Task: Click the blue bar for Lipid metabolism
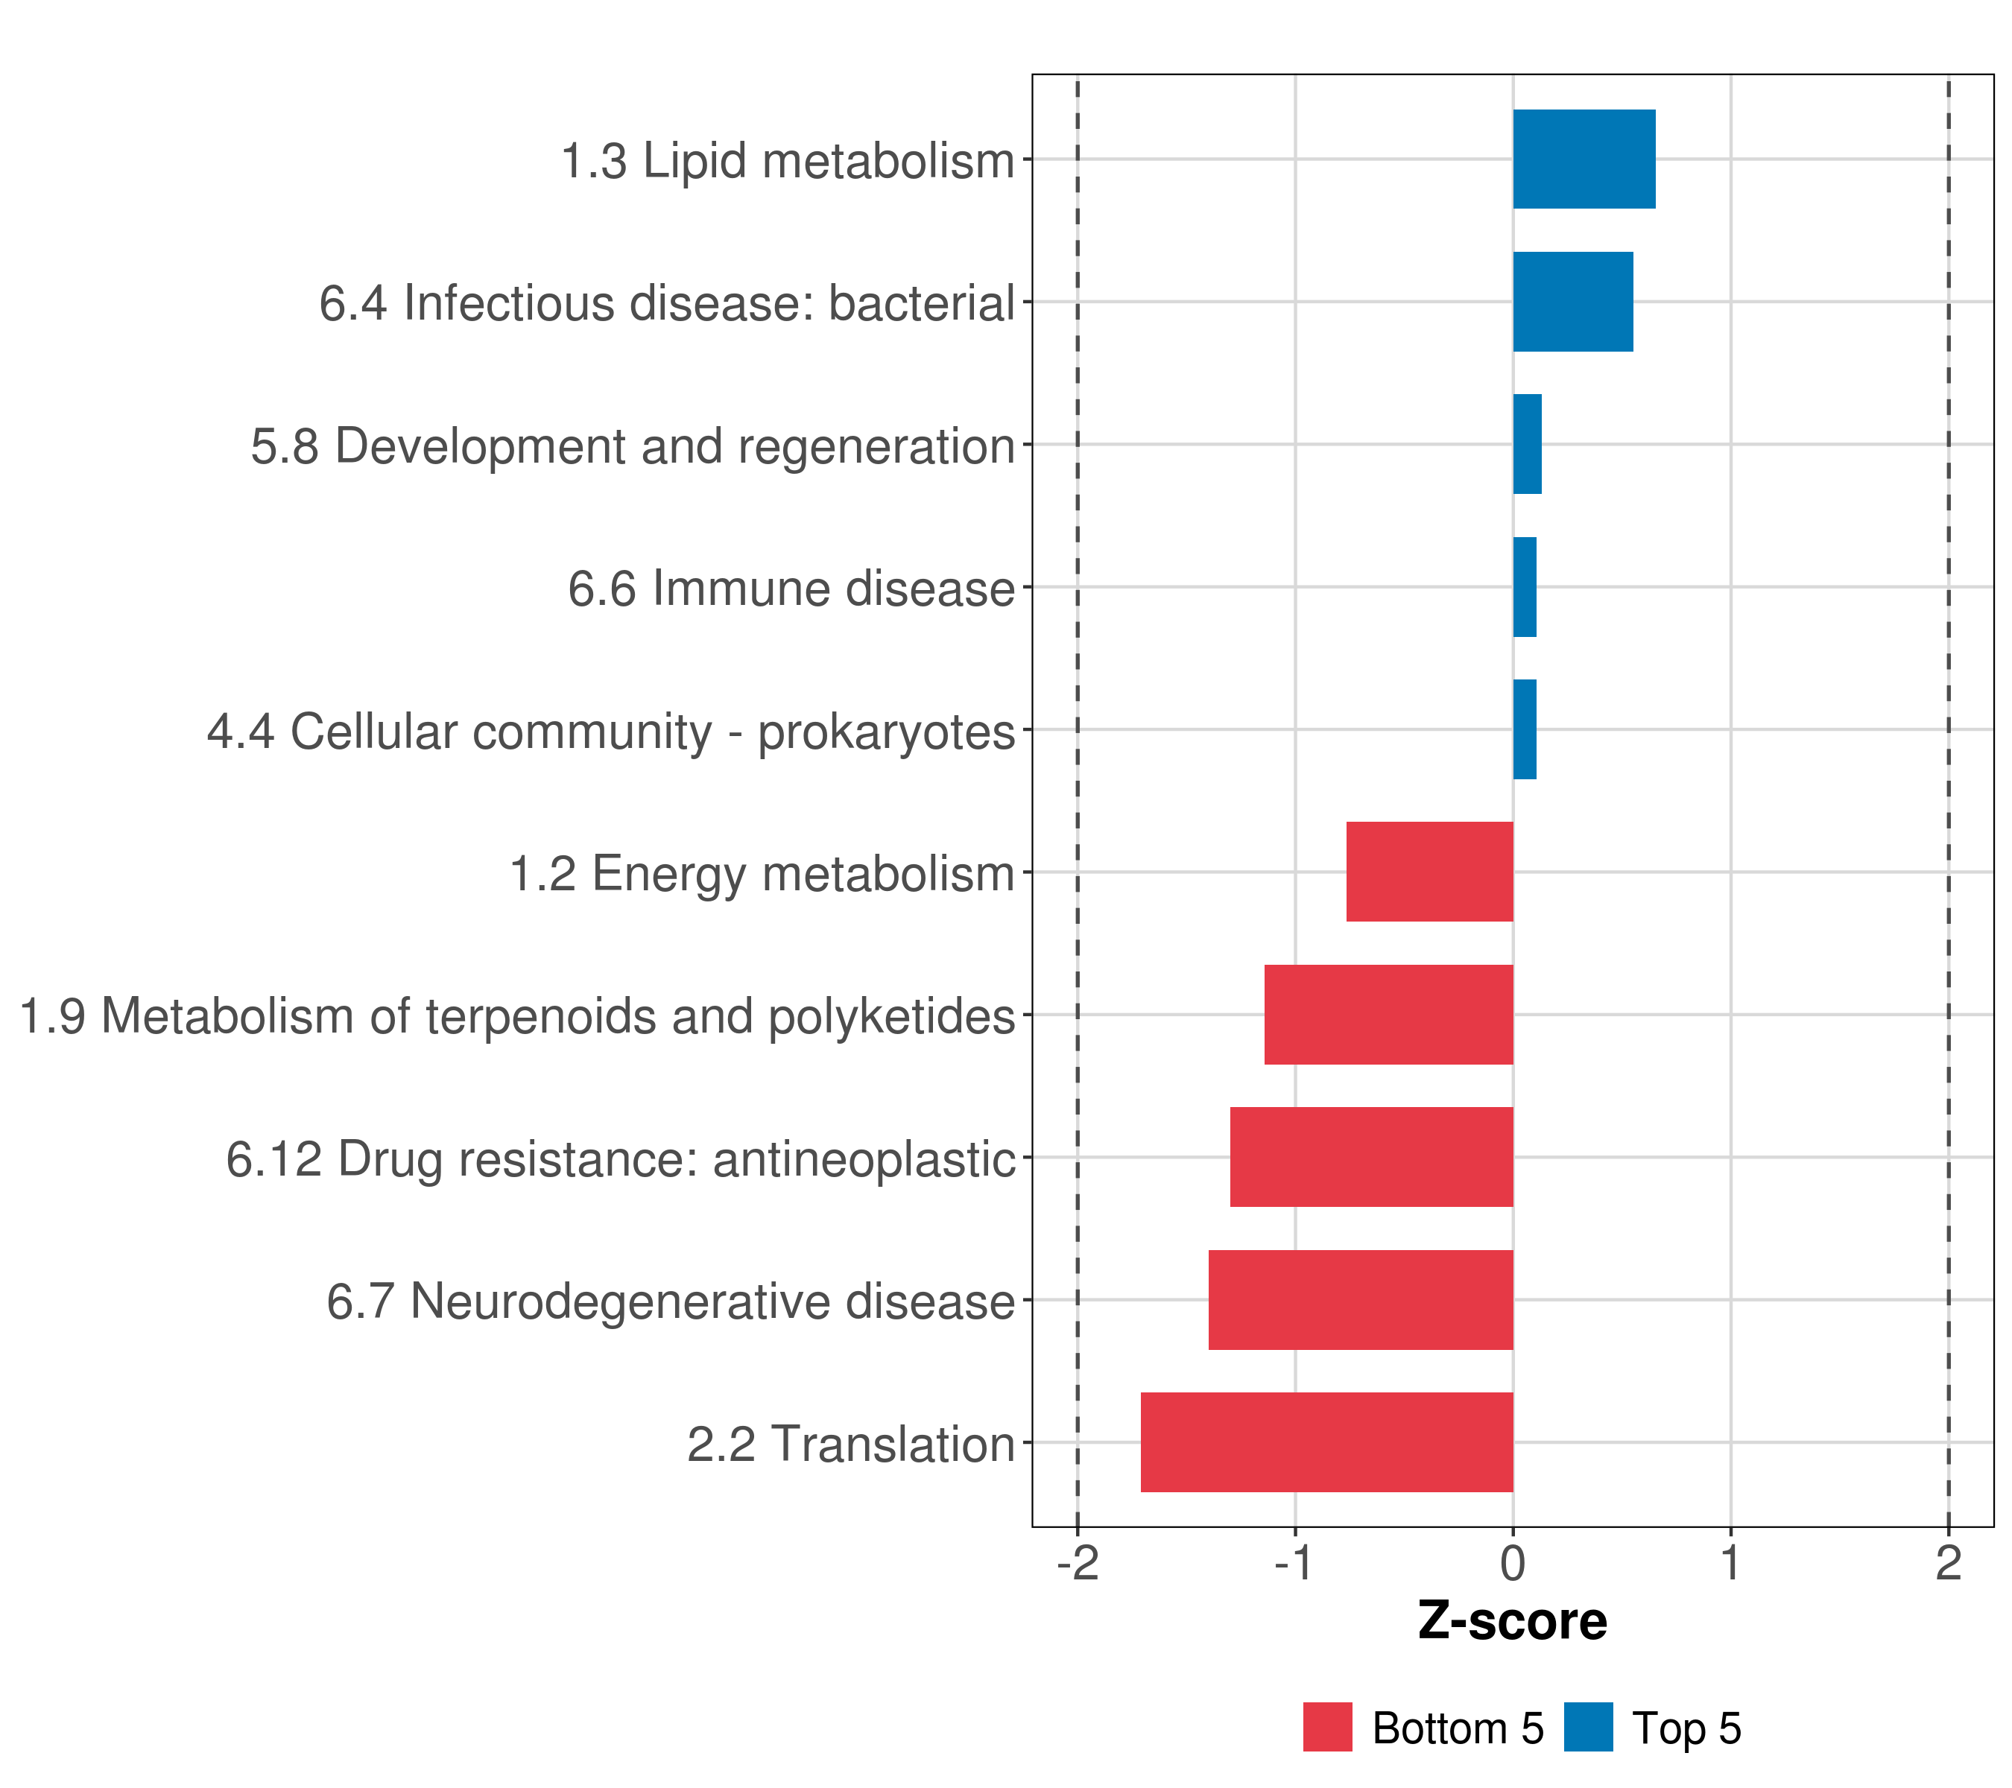coord(1583,159)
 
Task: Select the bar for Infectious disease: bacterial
coord(1572,302)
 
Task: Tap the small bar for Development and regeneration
coord(1527,444)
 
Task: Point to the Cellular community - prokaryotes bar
coord(1524,729)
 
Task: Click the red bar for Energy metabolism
coord(1429,872)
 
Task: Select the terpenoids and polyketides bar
coord(1388,1015)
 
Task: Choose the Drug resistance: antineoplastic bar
coord(1371,1157)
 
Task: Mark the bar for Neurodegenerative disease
coord(1361,1300)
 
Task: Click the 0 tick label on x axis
coord(1513,1564)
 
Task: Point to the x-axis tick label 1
coord(1730,1564)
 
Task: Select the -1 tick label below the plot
coord(1294,1564)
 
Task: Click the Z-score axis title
coord(1512,1622)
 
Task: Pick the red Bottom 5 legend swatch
coord(1327,1728)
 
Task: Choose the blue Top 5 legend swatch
coord(1588,1728)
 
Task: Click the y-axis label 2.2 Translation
coord(850,1445)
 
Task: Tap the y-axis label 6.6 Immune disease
coord(791,589)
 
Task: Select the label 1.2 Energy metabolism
coord(761,874)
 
